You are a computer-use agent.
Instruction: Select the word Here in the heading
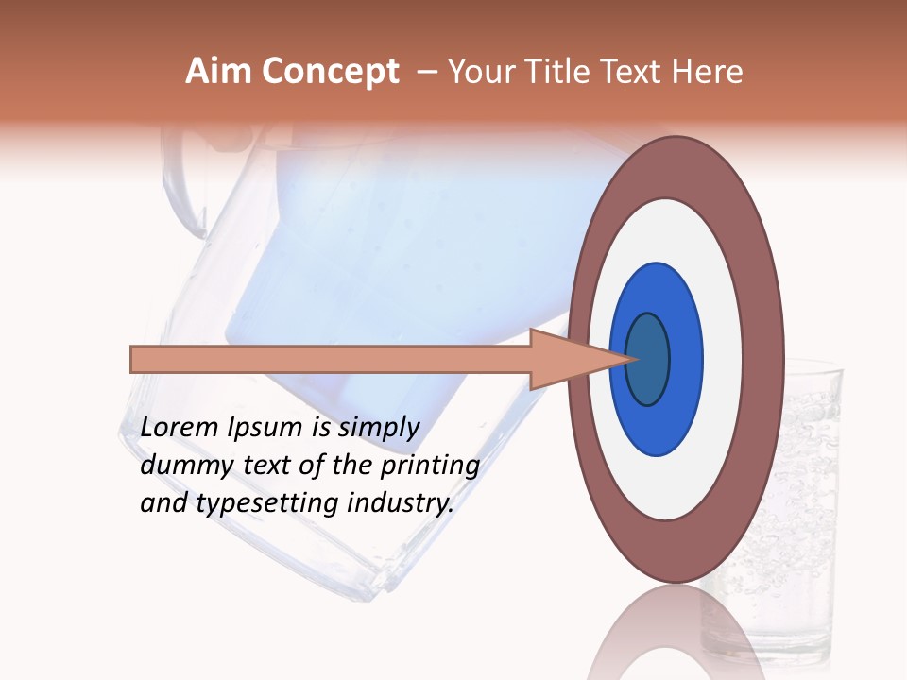point(708,72)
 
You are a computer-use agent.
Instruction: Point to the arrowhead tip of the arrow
point(631,359)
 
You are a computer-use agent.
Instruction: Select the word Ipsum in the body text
point(265,428)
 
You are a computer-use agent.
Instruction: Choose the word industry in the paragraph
point(401,503)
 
